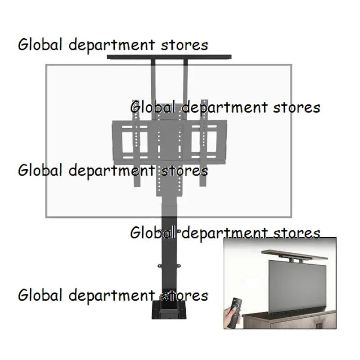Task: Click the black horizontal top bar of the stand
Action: coord(169,57)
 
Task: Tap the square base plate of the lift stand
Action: coord(169,310)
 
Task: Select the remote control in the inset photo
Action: coord(234,312)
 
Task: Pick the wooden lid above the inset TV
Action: coord(294,255)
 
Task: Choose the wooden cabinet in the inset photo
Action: coord(289,318)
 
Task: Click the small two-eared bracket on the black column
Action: coord(169,266)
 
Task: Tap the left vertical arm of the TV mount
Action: coord(136,143)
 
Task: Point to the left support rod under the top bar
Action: coord(153,90)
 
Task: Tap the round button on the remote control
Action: coord(235,305)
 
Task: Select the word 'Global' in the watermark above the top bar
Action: coord(40,45)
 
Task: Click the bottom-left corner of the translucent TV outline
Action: coord(46,217)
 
